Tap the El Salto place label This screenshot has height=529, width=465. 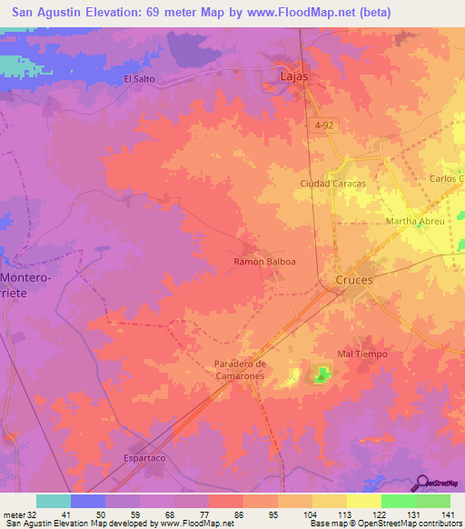click(141, 79)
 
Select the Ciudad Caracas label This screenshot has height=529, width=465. click(332, 184)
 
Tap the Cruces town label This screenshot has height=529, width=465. click(354, 280)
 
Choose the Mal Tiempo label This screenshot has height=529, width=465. click(362, 354)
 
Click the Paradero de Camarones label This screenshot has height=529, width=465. click(240, 370)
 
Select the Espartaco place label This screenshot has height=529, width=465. click(143, 459)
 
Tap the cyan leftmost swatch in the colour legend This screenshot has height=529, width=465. click(54, 501)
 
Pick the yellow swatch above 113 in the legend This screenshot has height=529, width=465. click(330, 501)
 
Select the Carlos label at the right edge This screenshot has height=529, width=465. click(447, 179)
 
